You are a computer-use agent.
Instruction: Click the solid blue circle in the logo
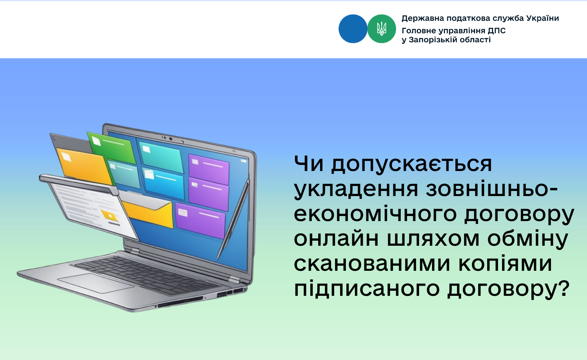tap(353, 29)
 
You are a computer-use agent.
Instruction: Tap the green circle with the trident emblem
tap(382, 29)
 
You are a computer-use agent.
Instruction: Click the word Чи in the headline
tap(308, 164)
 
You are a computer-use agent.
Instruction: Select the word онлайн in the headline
tap(336, 239)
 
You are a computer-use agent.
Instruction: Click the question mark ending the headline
tap(563, 288)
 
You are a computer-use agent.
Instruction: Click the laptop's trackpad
tap(96, 283)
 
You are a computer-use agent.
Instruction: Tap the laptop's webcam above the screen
tap(171, 139)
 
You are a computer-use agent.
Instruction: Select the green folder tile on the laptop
tap(112, 147)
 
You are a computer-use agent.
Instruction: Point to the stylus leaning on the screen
tap(233, 219)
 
